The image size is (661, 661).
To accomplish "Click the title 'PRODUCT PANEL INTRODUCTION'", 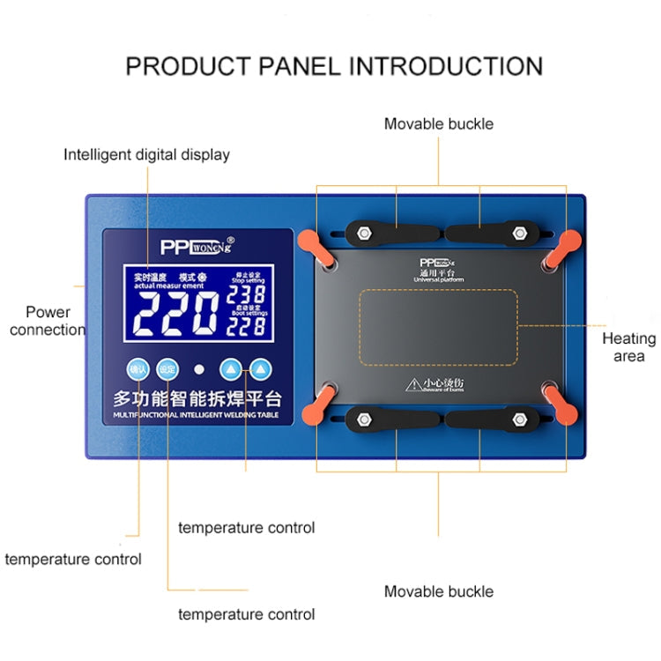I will pyautogui.click(x=333, y=65).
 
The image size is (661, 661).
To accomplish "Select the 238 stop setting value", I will pyautogui.click(x=247, y=294).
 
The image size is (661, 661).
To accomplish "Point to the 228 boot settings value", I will pyautogui.click(x=247, y=326).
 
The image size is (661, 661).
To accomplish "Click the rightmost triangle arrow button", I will pyautogui.click(x=261, y=369).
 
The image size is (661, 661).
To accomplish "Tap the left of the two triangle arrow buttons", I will pyautogui.click(x=230, y=369).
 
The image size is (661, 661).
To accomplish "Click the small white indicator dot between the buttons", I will pyautogui.click(x=199, y=370).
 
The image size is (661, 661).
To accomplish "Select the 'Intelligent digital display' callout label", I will pyautogui.click(x=146, y=154).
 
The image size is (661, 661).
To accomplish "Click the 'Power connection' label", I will pyautogui.click(x=48, y=321).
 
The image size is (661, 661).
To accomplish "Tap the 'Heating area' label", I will pyautogui.click(x=628, y=347).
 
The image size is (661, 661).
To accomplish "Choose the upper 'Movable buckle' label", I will pyautogui.click(x=438, y=123).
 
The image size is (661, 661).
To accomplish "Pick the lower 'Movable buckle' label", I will pyautogui.click(x=438, y=591).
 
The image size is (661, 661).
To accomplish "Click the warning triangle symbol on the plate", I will pyautogui.click(x=412, y=384).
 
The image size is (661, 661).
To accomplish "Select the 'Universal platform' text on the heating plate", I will pyautogui.click(x=438, y=279).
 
